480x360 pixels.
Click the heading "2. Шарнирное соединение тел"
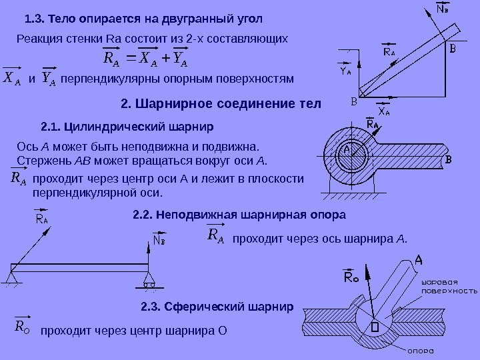[x=221, y=105]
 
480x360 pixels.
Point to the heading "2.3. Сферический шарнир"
[x=217, y=308]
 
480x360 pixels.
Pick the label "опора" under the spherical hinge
[x=421, y=351]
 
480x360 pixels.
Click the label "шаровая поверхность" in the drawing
[x=449, y=286]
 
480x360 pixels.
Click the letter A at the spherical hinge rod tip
[x=419, y=259]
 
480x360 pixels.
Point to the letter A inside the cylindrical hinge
[x=347, y=152]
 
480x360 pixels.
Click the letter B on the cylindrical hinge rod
[x=449, y=160]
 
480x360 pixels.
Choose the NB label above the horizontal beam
[x=159, y=239]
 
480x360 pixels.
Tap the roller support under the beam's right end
[x=149, y=283]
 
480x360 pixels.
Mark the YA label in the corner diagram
[x=347, y=71]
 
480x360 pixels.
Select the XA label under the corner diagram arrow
[x=385, y=113]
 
